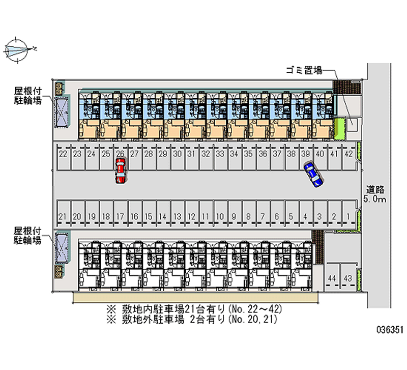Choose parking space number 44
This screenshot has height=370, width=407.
tap(332, 278)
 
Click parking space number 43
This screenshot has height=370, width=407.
tap(348, 278)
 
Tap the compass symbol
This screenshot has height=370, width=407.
tap(17, 49)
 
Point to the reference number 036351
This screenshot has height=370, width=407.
tap(389, 330)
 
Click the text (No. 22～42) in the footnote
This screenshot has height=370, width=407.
tap(253, 309)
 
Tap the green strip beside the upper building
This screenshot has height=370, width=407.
tap(340, 129)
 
